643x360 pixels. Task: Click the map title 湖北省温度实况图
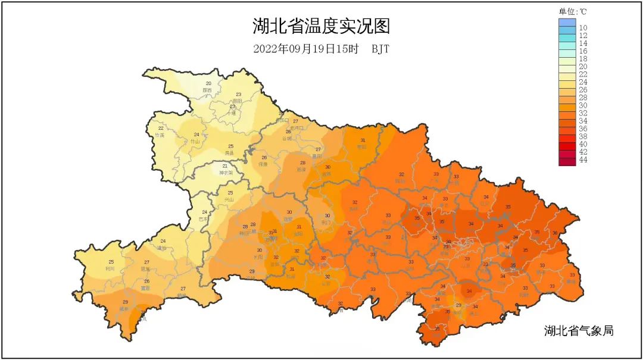click(321, 27)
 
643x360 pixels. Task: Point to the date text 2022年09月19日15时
click(305, 49)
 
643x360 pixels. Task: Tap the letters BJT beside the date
click(380, 49)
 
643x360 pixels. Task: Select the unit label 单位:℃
click(572, 11)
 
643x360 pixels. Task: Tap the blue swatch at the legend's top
click(567, 23)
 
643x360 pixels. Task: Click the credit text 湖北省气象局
click(579, 331)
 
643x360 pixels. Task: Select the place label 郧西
click(207, 90)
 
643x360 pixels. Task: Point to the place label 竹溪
click(160, 135)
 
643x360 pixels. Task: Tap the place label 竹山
click(195, 142)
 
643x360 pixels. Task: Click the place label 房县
click(229, 153)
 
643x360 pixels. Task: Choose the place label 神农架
click(224, 173)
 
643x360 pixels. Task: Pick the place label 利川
click(110, 268)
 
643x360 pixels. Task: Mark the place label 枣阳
click(361, 147)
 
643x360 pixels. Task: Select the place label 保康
click(263, 164)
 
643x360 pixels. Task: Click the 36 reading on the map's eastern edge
click(555, 233)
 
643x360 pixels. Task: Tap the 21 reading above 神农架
click(224, 166)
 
